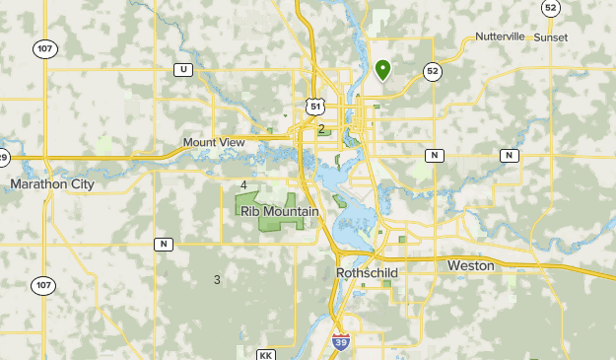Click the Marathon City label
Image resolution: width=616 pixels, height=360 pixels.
(x=52, y=184)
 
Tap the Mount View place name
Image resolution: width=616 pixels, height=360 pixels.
(x=213, y=143)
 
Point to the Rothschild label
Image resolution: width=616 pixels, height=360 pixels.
(x=366, y=270)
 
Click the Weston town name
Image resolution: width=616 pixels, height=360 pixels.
(x=470, y=266)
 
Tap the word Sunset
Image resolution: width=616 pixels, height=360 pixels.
(x=551, y=36)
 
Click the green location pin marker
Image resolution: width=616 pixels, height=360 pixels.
(x=383, y=69)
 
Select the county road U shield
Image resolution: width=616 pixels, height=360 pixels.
(x=182, y=69)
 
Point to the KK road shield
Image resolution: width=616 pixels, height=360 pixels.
(x=265, y=354)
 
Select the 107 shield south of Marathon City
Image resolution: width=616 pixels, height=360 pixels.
(x=42, y=285)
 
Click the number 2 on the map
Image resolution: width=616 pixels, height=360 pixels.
(x=321, y=129)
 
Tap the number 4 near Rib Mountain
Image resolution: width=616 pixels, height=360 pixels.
(x=243, y=184)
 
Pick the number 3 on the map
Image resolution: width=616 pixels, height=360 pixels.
(x=217, y=280)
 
